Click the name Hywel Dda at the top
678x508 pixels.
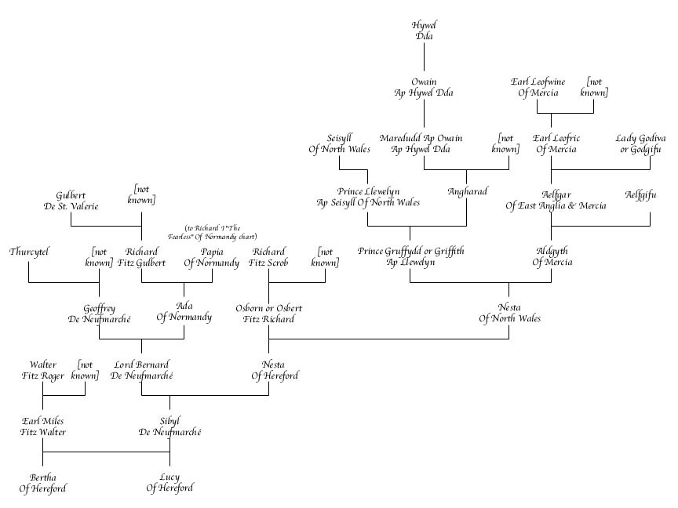(x=424, y=31)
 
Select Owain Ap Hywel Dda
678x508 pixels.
(x=424, y=87)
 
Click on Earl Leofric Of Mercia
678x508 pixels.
(x=556, y=143)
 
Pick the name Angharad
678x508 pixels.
(x=468, y=191)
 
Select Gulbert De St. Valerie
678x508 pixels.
(x=71, y=200)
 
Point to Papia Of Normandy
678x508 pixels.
(x=212, y=257)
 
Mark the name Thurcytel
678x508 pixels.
(x=29, y=252)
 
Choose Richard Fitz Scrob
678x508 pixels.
(x=269, y=257)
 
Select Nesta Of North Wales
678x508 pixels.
(x=509, y=313)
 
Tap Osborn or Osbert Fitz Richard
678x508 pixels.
(x=269, y=313)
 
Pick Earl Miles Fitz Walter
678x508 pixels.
(x=43, y=426)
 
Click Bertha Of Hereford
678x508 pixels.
(x=43, y=483)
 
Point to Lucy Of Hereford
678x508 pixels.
(x=169, y=483)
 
